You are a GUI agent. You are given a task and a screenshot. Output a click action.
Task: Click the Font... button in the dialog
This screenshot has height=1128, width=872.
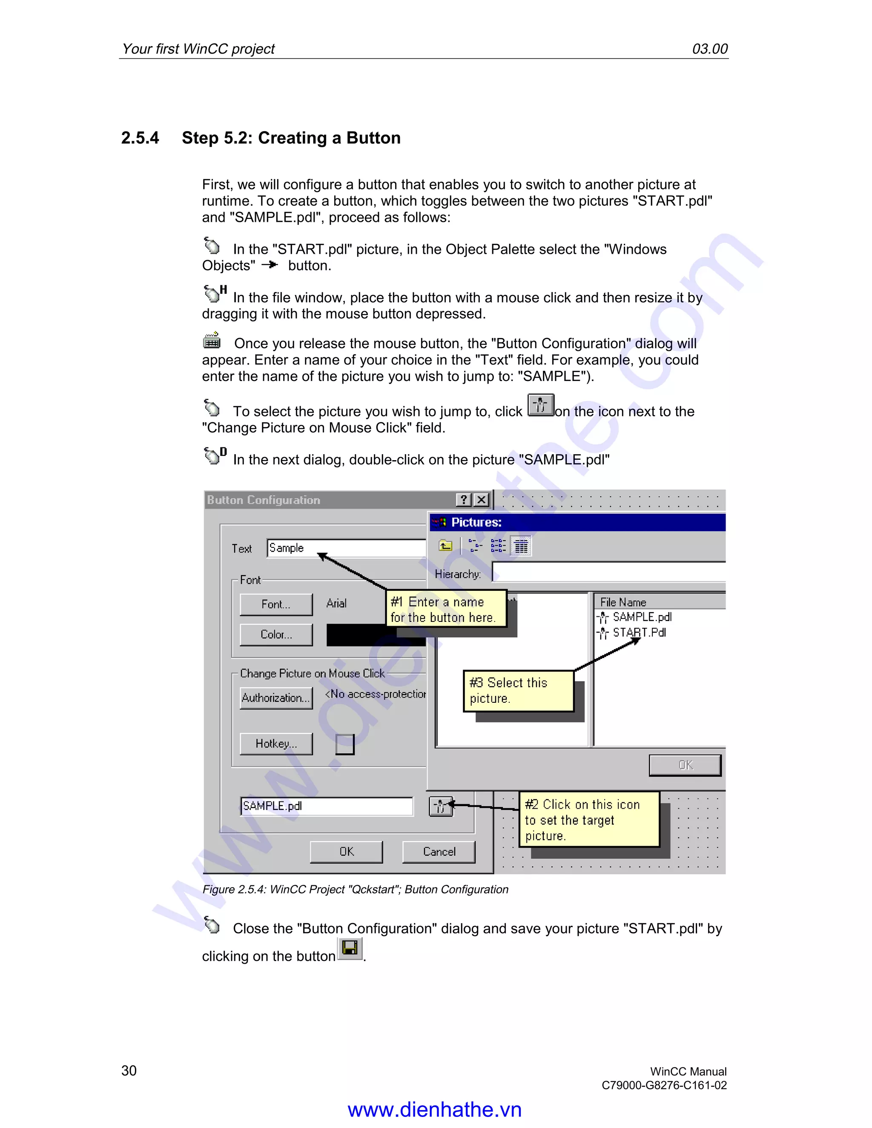(x=276, y=604)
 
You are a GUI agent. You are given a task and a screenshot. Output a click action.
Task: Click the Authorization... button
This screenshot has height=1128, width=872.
(x=276, y=698)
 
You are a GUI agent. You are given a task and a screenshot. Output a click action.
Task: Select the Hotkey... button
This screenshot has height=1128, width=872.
(x=276, y=744)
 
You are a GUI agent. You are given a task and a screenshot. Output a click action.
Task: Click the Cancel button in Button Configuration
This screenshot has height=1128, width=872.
(x=439, y=852)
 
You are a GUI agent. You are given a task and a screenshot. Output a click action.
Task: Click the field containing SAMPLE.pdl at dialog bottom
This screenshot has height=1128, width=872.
(x=327, y=806)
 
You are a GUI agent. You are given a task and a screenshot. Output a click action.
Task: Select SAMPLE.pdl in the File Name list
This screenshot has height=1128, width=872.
(x=642, y=617)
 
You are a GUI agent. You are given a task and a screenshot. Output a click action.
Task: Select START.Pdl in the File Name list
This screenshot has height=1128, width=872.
(x=639, y=633)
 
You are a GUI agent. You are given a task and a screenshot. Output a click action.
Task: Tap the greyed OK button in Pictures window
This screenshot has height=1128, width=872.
(x=685, y=765)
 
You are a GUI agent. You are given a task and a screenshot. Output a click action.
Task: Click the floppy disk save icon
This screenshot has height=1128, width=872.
(x=350, y=948)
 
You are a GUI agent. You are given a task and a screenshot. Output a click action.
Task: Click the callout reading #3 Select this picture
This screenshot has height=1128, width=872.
(x=518, y=690)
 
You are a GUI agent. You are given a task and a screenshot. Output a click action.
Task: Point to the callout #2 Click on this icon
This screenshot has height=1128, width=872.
(x=588, y=820)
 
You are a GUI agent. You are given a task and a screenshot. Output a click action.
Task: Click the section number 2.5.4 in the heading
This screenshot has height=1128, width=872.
(x=140, y=138)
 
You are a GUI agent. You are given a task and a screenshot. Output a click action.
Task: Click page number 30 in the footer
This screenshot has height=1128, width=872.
(x=129, y=1070)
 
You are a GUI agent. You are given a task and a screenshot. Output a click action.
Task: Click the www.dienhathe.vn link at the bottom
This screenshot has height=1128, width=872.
(x=434, y=1109)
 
